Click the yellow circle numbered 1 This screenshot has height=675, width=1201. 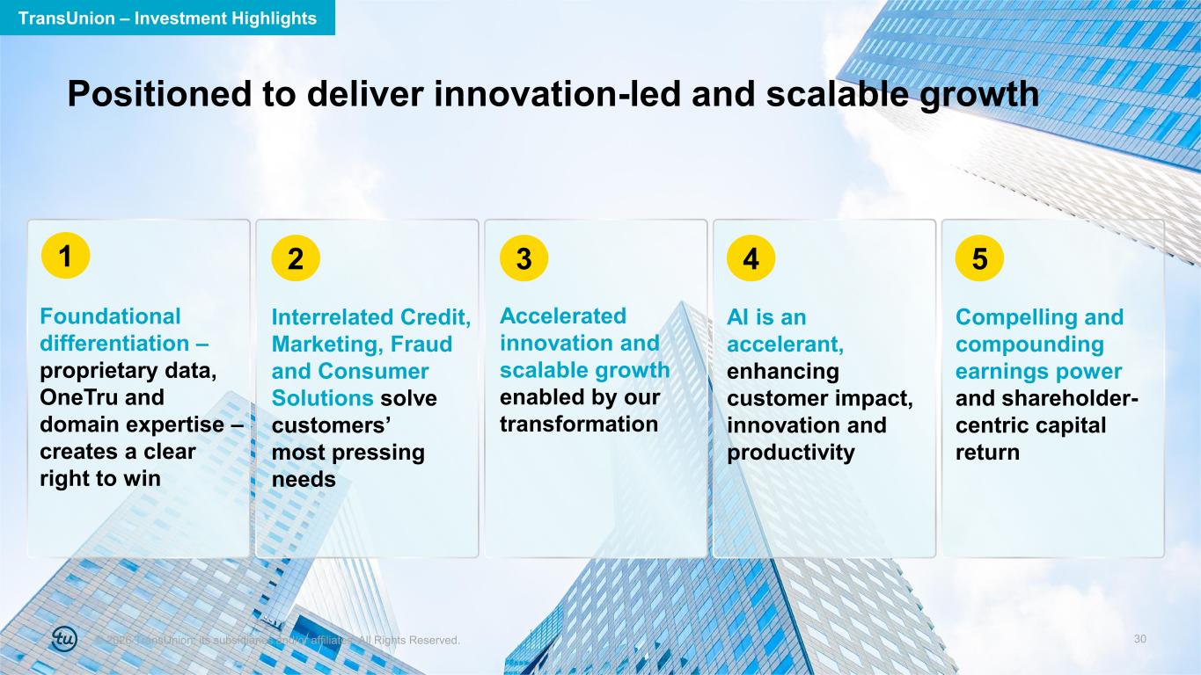point(65,255)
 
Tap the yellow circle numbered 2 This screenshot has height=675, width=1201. point(296,258)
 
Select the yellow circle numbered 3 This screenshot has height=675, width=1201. point(524,258)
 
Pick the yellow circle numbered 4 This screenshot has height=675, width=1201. point(751,258)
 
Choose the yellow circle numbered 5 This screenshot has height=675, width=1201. point(979,258)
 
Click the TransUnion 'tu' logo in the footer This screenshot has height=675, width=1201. point(64,639)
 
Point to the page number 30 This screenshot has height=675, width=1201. point(1140,639)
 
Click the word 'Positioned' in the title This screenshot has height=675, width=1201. point(159,94)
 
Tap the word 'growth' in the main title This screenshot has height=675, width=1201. point(979,95)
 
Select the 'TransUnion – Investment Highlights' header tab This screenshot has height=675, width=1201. point(167,18)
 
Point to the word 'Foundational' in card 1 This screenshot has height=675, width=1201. point(110,316)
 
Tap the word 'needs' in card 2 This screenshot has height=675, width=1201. point(304,479)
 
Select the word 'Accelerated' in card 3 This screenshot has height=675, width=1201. point(563,316)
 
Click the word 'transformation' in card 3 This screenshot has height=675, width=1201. point(579,425)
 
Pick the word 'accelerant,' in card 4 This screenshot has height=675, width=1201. point(785,345)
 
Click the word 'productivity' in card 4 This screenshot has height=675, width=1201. point(791,453)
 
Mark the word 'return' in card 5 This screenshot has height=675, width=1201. point(987,453)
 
